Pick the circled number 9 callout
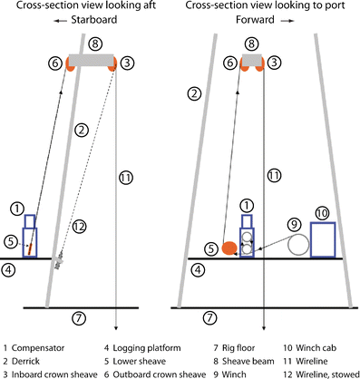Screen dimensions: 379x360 (x=292, y=223)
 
